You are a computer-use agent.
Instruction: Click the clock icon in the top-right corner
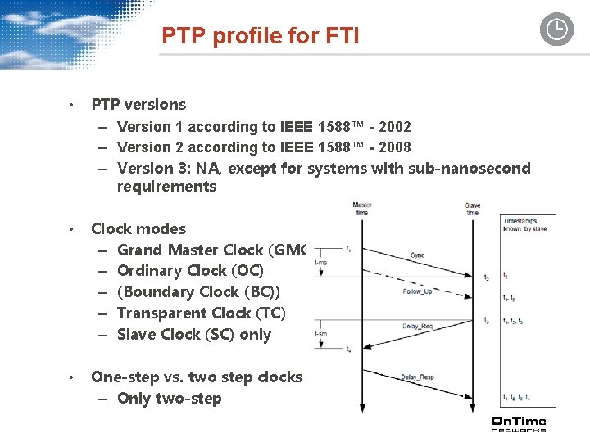[x=556, y=29]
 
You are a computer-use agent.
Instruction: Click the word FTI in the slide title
[x=339, y=36]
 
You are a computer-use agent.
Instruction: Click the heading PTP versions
[x=138, y=104]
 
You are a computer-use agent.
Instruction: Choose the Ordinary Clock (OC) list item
[x=190, y=270]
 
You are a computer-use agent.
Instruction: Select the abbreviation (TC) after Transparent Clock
[x=271, y=313]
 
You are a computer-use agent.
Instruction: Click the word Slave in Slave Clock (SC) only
[x=138, y=334]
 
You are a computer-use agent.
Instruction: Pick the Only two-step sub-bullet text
[x=169, y=399]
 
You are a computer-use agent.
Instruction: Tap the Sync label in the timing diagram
[x=418, y=255]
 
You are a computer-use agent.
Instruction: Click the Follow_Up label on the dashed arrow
[x=418, y=291]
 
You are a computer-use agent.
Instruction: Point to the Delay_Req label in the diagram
[x=417, y=327]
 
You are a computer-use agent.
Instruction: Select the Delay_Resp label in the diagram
[x=418, y=377]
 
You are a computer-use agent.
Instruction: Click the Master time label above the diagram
[x=362, y=209]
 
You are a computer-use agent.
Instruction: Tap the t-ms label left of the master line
[x=320, y=262]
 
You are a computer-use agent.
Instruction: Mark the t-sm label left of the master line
[x=320, y=335]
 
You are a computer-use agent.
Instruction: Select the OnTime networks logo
[x=518, y=423]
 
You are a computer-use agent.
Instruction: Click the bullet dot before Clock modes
[x=72, y=229]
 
